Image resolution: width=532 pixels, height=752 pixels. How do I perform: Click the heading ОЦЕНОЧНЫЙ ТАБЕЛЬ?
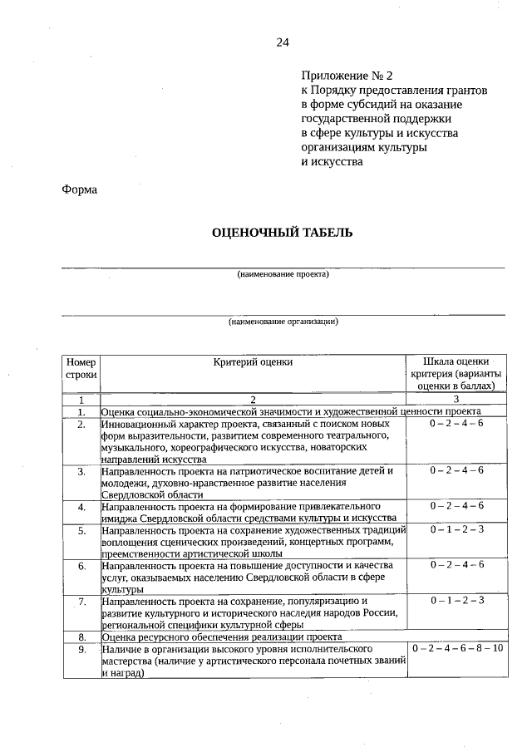[283, 232]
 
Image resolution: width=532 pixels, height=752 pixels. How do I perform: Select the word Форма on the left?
[80, 189]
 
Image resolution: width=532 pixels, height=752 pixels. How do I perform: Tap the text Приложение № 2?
[344, 75]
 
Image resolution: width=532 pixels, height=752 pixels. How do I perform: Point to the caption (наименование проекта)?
[283, 274]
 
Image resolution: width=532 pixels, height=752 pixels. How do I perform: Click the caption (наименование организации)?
[283, 322]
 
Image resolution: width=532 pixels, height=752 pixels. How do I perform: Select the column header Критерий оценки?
[253, 362]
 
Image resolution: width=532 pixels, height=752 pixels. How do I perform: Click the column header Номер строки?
[81, 368]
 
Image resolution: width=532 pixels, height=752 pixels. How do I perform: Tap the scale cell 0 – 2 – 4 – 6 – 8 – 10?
[456, 648]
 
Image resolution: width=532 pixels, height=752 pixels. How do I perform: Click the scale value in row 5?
[456, 529]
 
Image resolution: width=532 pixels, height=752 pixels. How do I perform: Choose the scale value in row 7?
[456, 600]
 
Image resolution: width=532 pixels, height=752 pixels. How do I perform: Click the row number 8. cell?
[81, 636]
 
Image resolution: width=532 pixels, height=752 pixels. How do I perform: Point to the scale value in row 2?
[456, 424]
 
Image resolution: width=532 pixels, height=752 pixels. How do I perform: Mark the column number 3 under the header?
[456, 400]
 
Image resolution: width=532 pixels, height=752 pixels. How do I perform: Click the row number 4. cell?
[81, 506]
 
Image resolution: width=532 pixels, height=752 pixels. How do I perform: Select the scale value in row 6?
[456, 565]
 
